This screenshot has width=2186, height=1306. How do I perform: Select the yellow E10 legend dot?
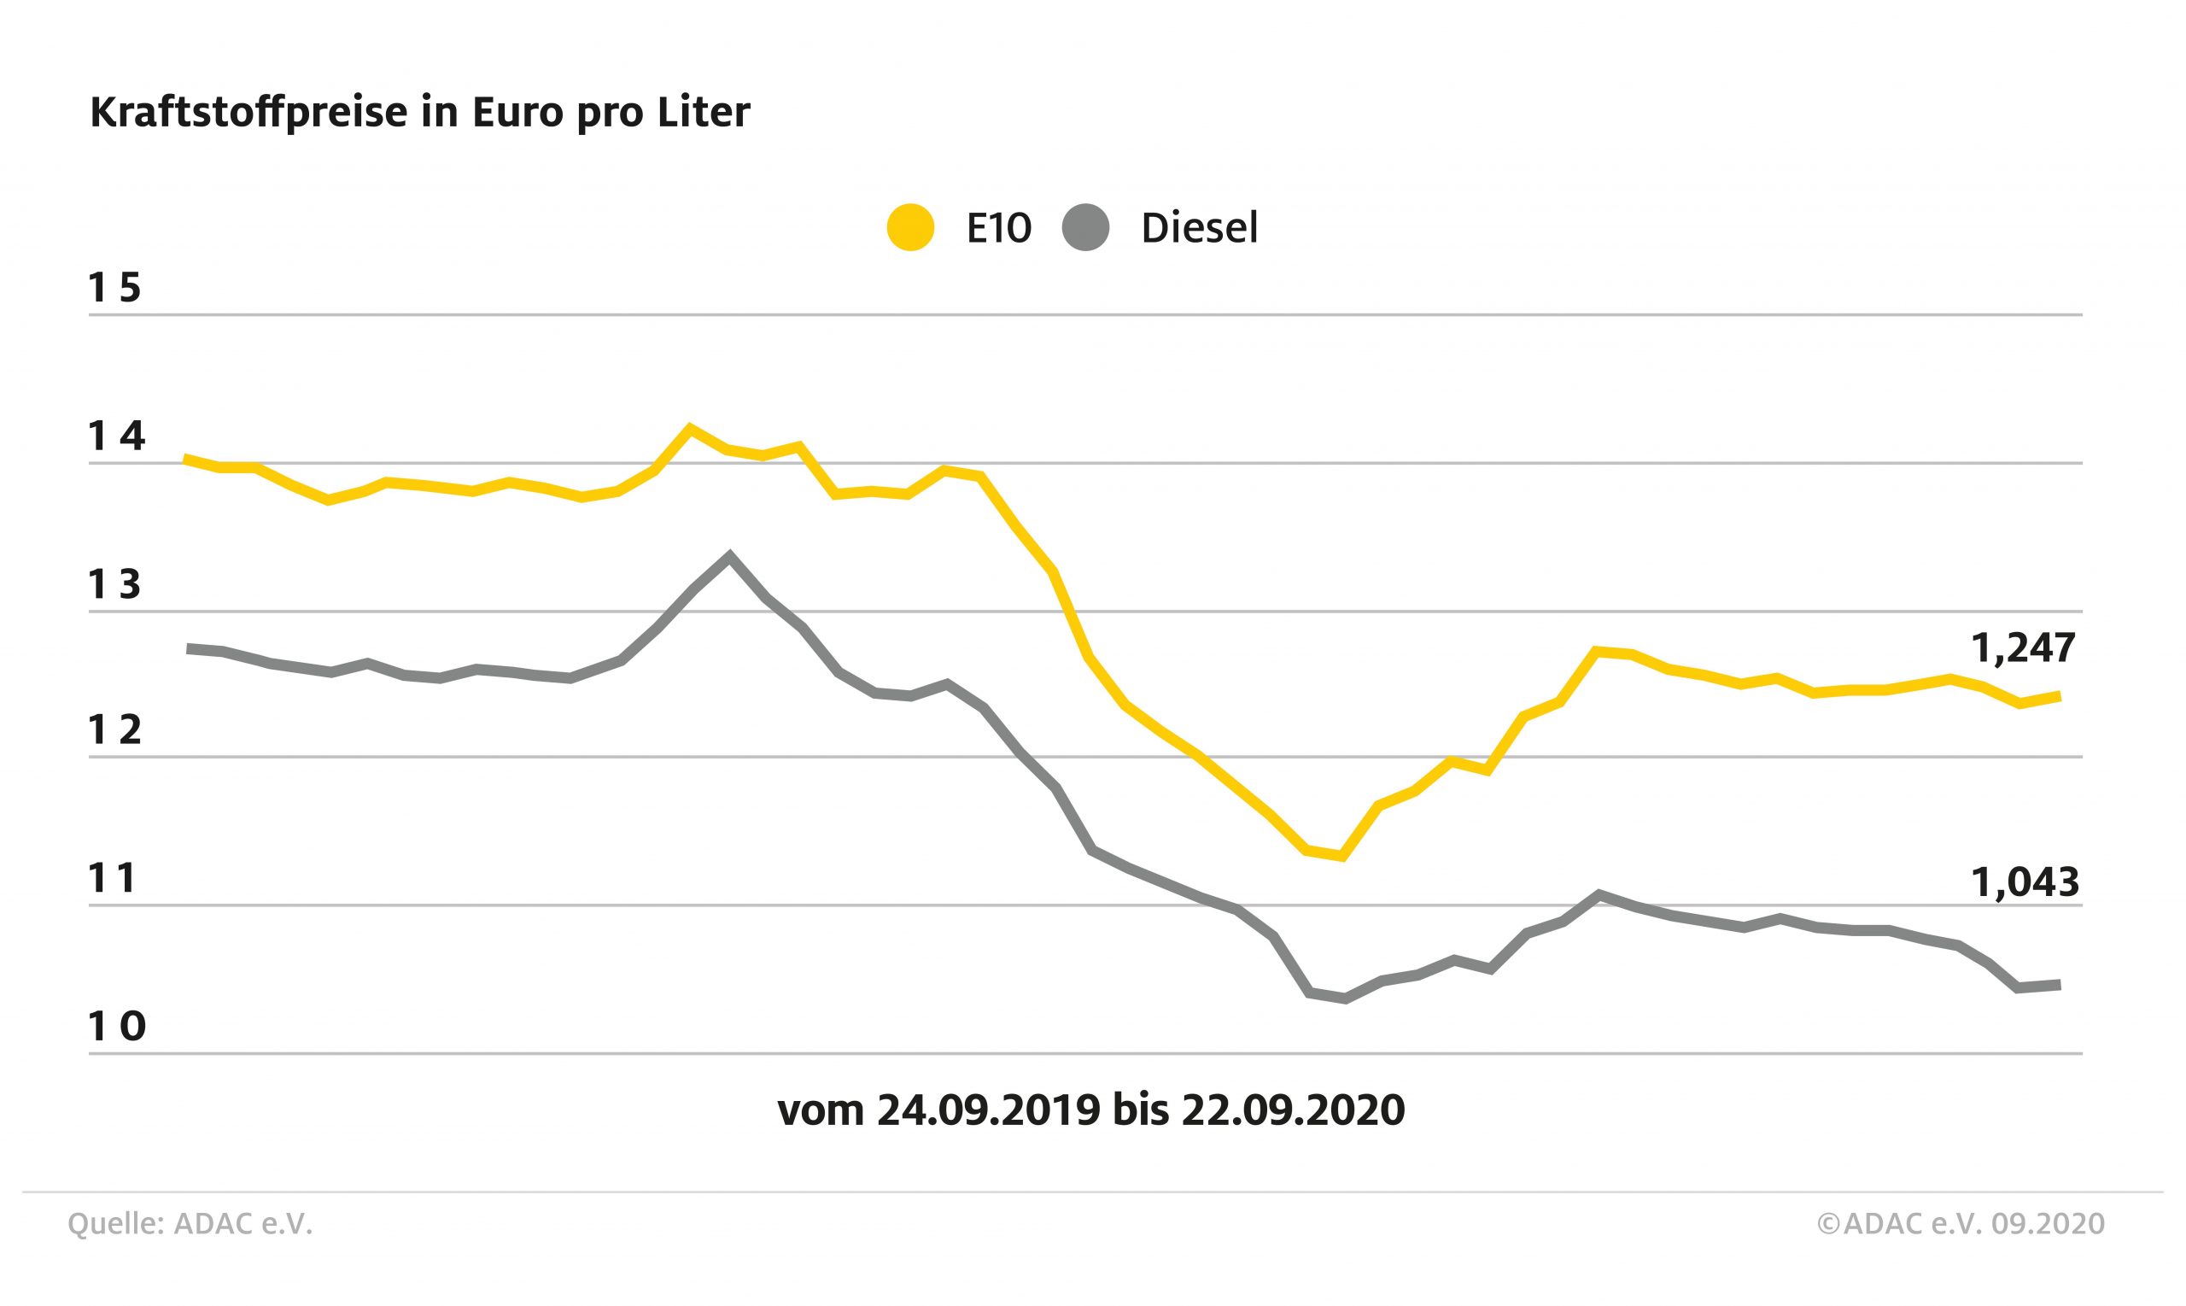[909, 228]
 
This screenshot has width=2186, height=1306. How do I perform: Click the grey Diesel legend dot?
[1085, 228]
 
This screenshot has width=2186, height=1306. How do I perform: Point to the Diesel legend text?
[1199, 228]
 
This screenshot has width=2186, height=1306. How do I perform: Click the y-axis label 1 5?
[115, 288]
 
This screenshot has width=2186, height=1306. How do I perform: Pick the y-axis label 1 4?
[116, 436]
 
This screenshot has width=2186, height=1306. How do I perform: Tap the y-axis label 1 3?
[115, 584]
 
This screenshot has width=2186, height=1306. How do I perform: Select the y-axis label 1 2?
[115, 730]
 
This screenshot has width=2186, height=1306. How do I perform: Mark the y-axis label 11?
[113, 878]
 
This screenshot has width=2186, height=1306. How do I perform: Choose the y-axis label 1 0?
[116, 1026]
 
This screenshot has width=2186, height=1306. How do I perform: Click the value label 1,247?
[2023, 648]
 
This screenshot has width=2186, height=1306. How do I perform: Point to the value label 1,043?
[2025, 881]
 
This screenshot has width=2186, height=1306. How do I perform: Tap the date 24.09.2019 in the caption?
[988, 1110]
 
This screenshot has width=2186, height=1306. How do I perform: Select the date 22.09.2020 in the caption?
[1293, 1110]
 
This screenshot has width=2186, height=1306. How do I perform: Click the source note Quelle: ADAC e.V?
[190, 1224]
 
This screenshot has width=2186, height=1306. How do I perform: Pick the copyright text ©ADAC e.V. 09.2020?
[1961, 1224]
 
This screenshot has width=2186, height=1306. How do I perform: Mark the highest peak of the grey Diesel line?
[729, 554]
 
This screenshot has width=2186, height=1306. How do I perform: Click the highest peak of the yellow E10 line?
[691, 428]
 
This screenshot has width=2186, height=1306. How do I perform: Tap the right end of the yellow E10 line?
[2059, 696]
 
